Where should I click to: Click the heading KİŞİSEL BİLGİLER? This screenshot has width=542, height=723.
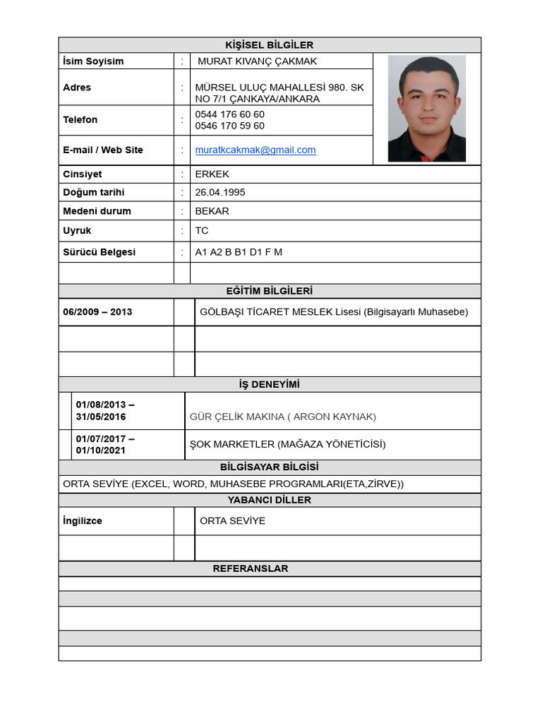269,45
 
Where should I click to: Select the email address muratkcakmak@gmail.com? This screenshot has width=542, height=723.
255,150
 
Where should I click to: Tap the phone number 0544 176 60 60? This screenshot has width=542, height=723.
230,114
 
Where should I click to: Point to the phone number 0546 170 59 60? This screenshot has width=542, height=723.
230,126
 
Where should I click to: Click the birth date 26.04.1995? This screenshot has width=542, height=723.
220,192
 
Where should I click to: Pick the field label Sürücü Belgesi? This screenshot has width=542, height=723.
99,252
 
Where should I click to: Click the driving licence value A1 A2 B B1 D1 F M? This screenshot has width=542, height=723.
239,252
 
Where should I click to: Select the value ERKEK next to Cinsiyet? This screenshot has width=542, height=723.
212,174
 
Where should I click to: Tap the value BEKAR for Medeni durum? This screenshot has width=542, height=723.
212,211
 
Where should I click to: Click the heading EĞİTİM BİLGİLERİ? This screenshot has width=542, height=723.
269,291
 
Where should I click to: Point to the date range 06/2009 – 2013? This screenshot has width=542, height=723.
97,311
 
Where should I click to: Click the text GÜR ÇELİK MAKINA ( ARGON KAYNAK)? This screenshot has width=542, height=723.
283,417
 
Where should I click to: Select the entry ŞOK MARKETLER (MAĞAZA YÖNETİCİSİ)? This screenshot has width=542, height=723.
288,444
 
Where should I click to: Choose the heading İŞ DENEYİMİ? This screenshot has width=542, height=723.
269,385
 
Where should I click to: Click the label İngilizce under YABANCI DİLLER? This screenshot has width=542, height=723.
83,520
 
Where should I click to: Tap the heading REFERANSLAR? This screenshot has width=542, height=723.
269,568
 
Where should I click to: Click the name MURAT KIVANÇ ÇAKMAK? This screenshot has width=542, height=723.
258,61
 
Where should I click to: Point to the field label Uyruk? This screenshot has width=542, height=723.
77,230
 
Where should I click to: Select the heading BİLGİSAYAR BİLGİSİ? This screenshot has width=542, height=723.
269,467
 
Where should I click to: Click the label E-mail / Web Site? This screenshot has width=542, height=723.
103,150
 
